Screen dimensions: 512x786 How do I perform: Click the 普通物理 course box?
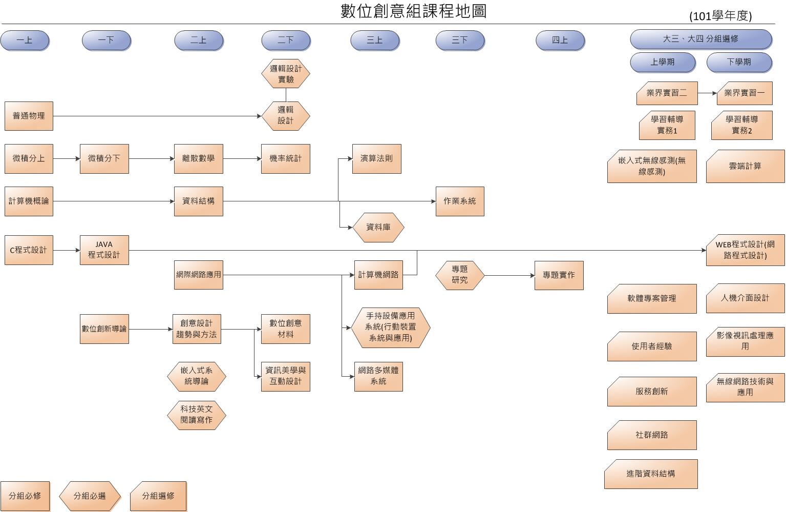pyautogui.click(x=29, y=116)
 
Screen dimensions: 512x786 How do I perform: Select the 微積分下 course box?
pyautogui.click(x=104, y=159)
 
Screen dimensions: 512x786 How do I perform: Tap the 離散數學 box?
pyautogui.click(x=198, y=159)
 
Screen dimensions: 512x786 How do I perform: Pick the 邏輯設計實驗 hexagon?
pyautogui.click(x=286, y=74)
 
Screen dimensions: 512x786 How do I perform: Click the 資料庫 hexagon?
pyautogui.click(x=378, y=227)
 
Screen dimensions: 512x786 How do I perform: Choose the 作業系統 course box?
pyautogui.click(x=459, y=201)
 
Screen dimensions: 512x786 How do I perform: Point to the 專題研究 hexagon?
pyautogui.click(x=459, y=275)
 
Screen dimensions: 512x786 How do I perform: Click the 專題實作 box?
pyautogui.click(x=559, y=275)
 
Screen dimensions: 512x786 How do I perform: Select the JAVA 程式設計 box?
pyautogui.click(x=104, y=250)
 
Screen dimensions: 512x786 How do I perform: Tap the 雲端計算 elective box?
pyautogui.click(x=745, y=167)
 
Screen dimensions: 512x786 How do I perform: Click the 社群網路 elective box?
pyautogui.click(x=652, y=435)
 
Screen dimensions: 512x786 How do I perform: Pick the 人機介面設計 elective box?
pyautogui.click(x=745, y=298)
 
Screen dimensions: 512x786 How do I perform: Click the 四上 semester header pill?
pyautogui.click(x=560, y=40)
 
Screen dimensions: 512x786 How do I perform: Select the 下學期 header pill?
pyautogui.click(x=738, y=62)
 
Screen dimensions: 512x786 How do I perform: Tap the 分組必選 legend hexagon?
pyautogui.click(x=90, y=496)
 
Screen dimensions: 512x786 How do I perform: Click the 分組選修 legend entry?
pyautogui.click(x=158, y=496)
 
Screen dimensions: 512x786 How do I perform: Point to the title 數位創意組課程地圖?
pyautogui.click(x=413, y=11)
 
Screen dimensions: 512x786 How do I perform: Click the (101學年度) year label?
pyautogui.click(x=720, y=16)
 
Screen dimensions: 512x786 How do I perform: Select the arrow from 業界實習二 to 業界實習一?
pyautogui.click(x=707, y=93)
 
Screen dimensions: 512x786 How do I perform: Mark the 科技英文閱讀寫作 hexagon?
pyautogui.click(x=196, y=415)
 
